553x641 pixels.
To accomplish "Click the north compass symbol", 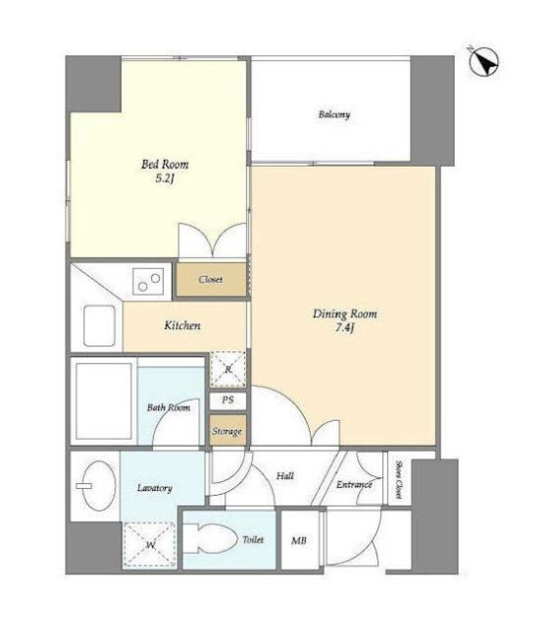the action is [483, 62].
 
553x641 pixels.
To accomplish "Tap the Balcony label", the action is [334, 114].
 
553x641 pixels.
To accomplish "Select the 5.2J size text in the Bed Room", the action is [165, 179].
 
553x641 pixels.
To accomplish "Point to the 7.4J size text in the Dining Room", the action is [344, 328].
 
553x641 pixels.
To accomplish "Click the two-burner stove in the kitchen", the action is [148, 282].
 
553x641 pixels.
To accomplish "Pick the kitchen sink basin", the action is [99, 325].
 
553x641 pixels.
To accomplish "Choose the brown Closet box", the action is [211, 280].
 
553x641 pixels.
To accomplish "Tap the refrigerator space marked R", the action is [227, 369].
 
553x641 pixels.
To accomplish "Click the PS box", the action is [227, 401].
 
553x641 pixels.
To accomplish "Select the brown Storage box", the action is [227, 431].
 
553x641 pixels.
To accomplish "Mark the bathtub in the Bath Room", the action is [104, 401].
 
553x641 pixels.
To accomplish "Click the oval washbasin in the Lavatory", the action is [98, 486].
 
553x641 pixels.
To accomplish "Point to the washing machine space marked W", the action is [150, 545].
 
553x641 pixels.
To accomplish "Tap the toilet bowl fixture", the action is [210, 539].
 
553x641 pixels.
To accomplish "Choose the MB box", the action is [300, 540].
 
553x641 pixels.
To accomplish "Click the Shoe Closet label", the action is [399, 480].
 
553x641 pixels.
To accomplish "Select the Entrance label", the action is [354, 485].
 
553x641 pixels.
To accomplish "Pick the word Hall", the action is [285, 476].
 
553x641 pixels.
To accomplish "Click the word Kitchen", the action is [182, 325].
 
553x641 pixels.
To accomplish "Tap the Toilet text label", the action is [253, 540].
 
